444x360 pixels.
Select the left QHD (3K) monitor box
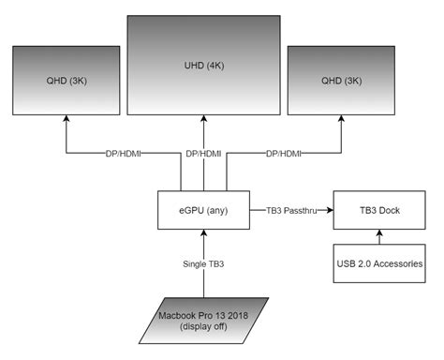click(x=65, y=80)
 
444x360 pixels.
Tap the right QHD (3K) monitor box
click(x=342, y=80)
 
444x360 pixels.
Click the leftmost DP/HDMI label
click(x=120, y=153)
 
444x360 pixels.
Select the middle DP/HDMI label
click(x=203, y=153)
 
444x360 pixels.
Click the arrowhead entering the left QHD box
click(x=65, y=119)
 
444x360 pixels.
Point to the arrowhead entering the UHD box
click(x=203, y=119)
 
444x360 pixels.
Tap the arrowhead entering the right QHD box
click(x=342, y=119)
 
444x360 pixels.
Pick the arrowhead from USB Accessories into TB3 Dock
click(x=379, y=234)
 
